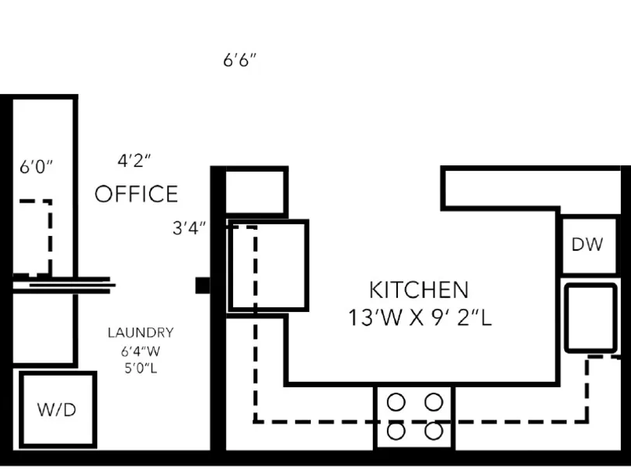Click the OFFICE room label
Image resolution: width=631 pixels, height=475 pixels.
coord(137,194)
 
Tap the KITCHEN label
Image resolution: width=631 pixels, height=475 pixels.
coord(419,290)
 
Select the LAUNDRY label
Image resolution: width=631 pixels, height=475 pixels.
coord(141,332)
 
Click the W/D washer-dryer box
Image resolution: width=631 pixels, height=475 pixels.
coord(58,410)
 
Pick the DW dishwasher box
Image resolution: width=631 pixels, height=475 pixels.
coord(589,245)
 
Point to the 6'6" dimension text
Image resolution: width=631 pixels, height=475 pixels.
coord(240,61)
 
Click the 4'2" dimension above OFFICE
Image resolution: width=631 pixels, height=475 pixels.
coord(134,161)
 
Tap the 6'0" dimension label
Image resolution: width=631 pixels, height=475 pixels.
coord(37,166)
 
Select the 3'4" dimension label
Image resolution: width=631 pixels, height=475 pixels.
coord(189,228)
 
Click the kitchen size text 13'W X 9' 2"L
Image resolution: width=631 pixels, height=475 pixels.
coord(420,317)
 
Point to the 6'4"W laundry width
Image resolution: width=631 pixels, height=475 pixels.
coord(141,352)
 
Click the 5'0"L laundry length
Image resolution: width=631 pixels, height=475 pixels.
coord(141,368)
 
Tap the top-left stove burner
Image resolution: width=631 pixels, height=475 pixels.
coord(396,401)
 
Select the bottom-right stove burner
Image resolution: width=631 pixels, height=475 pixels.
coord(434,432)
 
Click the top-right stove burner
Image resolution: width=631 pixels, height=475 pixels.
coord(434,401)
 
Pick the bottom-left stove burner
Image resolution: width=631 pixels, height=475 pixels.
coord(396,432)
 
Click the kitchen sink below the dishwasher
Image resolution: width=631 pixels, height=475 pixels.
coord(591,318)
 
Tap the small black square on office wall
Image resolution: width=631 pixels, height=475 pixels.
coord(202,286)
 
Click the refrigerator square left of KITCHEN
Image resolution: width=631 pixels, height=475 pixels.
coord(268,265)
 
